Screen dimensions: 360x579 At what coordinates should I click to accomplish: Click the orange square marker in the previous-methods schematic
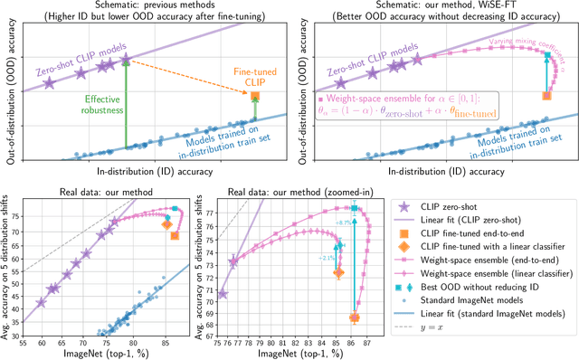point(255,96)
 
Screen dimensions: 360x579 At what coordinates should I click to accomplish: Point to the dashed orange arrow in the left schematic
point(190,78)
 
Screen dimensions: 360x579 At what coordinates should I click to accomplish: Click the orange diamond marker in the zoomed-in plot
point(338,273)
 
